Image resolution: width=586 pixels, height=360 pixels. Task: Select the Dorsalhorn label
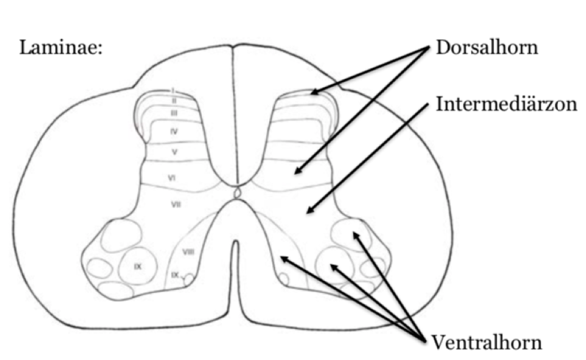pos(486,48)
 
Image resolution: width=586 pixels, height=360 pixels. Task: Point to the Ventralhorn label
pos(486,341)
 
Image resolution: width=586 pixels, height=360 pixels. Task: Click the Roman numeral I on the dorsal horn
pos(174,91)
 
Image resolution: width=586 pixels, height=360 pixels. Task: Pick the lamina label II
pos(174,101)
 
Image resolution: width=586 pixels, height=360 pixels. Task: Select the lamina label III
pos(175,113)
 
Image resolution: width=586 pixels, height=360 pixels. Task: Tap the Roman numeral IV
pos(175,131)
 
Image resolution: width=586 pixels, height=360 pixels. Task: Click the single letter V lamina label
pos(175,151)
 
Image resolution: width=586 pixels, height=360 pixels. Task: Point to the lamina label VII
pos(176,204)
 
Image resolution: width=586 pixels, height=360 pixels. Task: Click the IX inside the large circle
pos(138,266)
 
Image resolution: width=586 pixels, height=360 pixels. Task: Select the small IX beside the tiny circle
pos(175,274)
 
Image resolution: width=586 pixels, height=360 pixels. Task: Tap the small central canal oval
pos(236,195)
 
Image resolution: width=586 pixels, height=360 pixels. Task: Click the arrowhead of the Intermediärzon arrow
pos(308,213)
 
